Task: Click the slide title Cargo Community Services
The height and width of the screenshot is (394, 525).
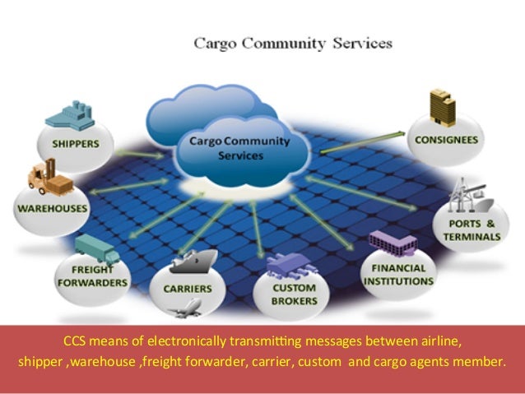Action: [x=292, y=42]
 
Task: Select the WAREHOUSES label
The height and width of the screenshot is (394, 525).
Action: [x=51, y=208]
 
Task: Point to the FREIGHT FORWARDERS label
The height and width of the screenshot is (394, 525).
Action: [x=93, y=276]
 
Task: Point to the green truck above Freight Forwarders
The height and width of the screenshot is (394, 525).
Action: [x=96, y=247]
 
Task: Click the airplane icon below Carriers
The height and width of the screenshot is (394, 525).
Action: [x=190, y=310]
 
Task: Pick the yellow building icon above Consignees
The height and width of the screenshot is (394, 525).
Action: [x=441, y=107]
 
